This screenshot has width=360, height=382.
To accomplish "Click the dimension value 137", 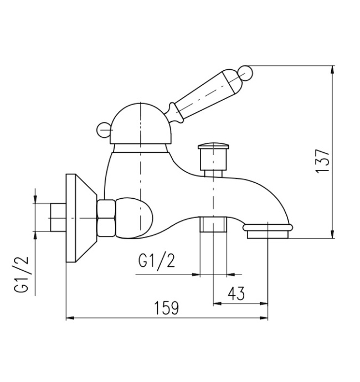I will click(324, 161).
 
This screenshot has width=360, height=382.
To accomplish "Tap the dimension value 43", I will click(236, 293).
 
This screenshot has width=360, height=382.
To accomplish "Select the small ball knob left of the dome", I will click(103, 130).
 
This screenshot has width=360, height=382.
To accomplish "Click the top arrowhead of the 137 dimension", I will click(332, 70).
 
